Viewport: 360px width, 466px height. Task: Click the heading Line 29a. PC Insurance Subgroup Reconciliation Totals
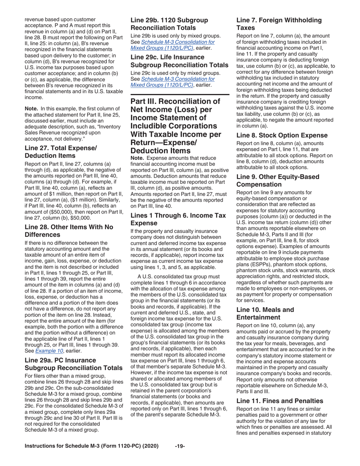pos(68,364)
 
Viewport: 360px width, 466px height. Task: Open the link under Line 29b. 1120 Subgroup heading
pos(172,45)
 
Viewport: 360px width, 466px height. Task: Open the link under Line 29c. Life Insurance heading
pos(172,82)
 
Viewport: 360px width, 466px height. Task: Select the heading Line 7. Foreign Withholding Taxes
pos(279,23)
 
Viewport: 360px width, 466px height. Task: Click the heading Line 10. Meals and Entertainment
pos(265,313)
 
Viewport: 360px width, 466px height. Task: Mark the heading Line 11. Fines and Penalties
pos(280,400)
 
